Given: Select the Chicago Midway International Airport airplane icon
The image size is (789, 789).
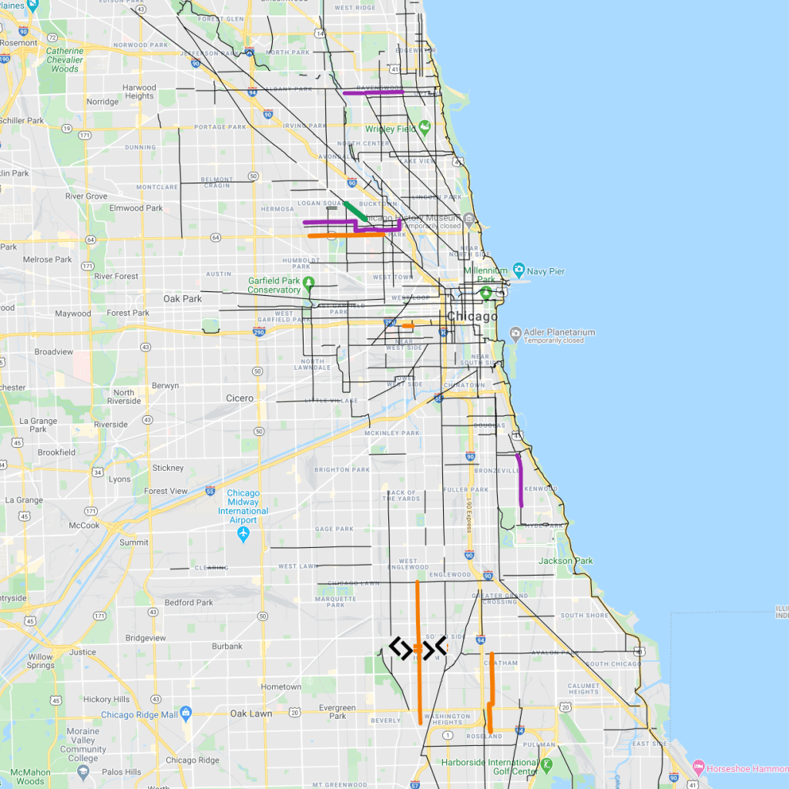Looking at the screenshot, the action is [x=243, y=533].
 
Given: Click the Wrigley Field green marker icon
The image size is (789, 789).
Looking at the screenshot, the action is [x=424, y=128].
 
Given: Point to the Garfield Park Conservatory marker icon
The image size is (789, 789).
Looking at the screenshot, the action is [x=309, y=283].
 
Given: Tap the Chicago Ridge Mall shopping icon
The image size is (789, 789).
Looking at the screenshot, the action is [x=186, y=713].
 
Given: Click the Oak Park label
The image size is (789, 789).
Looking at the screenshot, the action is [x=182, y=298].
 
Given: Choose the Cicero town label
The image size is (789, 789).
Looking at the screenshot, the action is [x=240, y=398].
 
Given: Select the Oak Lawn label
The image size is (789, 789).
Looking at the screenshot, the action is [x=251, y=713].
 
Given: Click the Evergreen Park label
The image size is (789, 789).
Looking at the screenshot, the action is [x=337, y=712].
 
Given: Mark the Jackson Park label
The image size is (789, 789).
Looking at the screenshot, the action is [x=566, y=561].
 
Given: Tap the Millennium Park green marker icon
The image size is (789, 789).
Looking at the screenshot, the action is [x=485, y=293].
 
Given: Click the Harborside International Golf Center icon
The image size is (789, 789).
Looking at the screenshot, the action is [x=546, y=765].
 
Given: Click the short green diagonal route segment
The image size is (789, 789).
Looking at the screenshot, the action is [x=355, y=211].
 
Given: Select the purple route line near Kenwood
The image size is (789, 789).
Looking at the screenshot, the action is [x=520, y=479].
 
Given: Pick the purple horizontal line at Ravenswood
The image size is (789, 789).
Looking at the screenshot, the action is [x=374, y=92].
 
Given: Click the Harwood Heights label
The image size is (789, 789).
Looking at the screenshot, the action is [x=139, y=92].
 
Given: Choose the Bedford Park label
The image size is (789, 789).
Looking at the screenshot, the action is [x=189, y=603].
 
